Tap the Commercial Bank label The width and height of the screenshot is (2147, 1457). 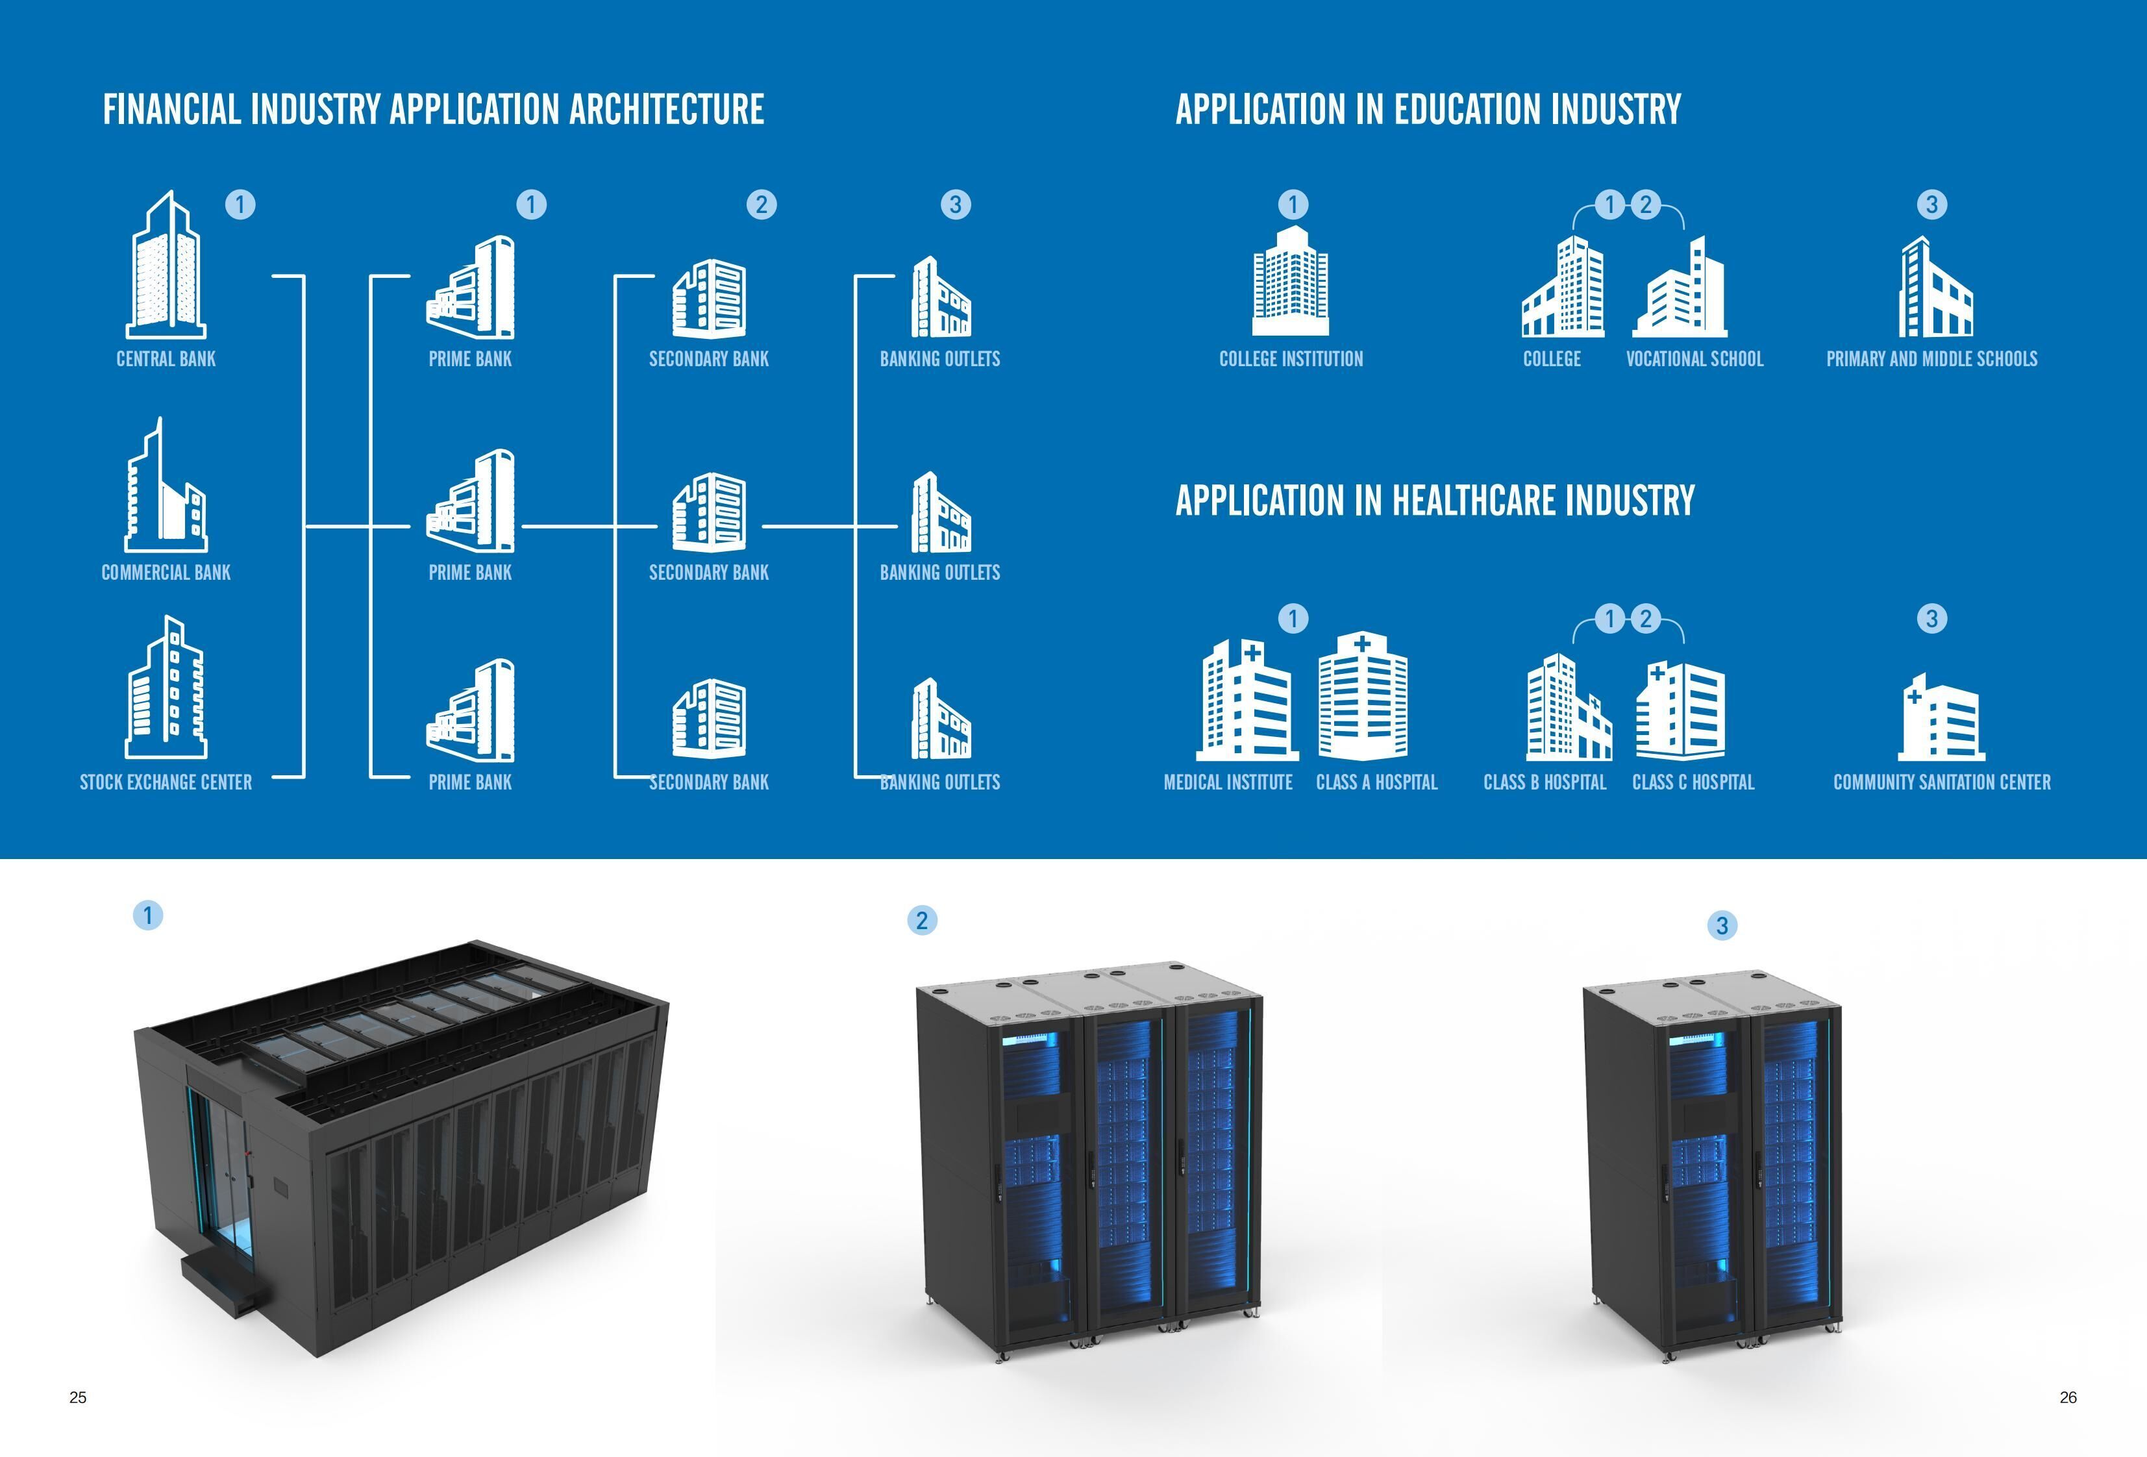click(x=166, y=573)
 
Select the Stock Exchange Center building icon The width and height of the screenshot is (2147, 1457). click(x=166, y=688)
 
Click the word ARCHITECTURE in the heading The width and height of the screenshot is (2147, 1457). click(x=666, y=109)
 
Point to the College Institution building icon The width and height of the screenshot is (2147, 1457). click(x=1291, y=280)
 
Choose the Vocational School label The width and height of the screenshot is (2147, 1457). click(x=1694, y=358)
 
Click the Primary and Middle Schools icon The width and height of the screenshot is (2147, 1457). click(x=1935, y=288)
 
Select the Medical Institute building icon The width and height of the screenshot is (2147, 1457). click(x=1247, y=699)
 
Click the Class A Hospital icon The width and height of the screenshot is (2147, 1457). click(x=1363, y=695)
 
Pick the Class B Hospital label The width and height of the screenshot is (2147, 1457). click(x=1545, y=782)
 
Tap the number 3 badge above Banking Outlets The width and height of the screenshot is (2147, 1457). click(x=955, y=204)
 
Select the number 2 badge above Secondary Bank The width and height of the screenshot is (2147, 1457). click(x=762, y=204)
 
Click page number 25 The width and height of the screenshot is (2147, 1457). click(x=78, y=1398)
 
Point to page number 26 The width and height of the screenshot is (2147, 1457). click(x=2068, y=1398)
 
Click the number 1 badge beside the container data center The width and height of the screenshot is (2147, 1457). click(x=148, y=915)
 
